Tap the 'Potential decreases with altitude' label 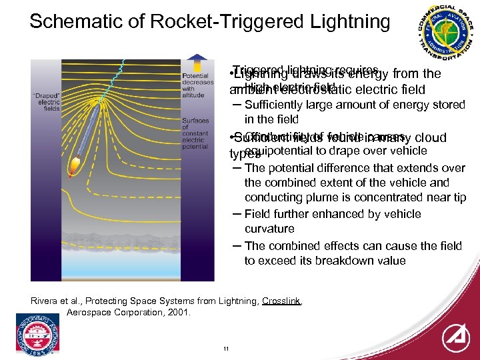pos(197,86)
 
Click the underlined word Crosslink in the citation pos(281,301)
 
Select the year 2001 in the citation pos(178,312)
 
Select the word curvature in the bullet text pos(269,229)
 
